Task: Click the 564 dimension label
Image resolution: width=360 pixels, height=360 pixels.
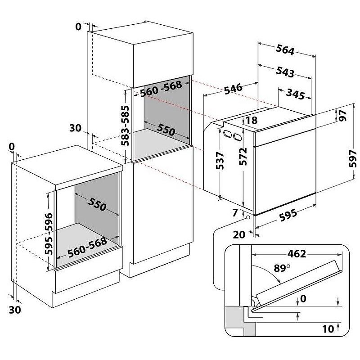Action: (x=285, y=50)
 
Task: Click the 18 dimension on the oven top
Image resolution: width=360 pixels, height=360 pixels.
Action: (x=252, y=120)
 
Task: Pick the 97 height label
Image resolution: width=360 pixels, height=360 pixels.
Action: (x=343, y=116)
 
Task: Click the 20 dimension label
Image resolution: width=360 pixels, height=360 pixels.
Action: (x=239, y=234)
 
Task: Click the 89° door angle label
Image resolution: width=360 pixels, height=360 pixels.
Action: (x=280, y=269)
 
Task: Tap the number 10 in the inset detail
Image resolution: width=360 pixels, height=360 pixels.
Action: (x=328, y=329)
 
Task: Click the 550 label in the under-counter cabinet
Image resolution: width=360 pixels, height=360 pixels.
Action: (x=97, y=205)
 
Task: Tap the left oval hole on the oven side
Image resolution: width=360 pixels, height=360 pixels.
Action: (x=226, y=134)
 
